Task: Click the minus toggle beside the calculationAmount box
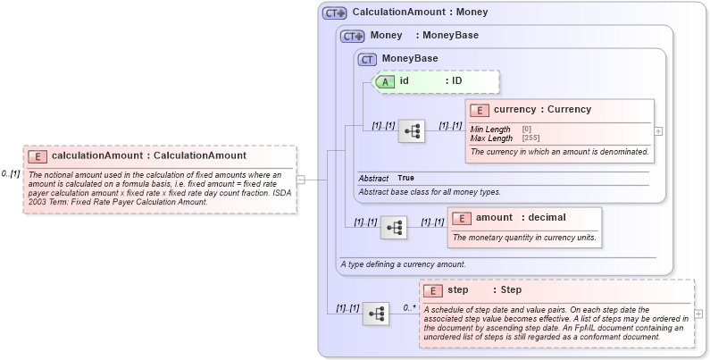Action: pos(300,179)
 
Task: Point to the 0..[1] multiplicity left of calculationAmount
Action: pos(11,173)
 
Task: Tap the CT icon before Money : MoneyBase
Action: pos(353,36)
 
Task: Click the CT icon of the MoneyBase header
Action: pos(367,59)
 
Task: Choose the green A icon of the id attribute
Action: pos(385,81)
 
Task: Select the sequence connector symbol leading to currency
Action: pos(412,131)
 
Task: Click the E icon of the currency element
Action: pos(479,110)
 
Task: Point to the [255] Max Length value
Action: pos(530,138)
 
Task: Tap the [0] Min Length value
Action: pos(526,130)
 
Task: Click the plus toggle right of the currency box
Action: pos(659,130)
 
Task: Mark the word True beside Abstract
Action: pos(405,178)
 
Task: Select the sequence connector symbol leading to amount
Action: pos(394,228)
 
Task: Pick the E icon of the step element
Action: pos(432,290)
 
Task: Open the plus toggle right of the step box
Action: pos(698,314)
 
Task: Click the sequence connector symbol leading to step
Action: pos(376,314)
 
